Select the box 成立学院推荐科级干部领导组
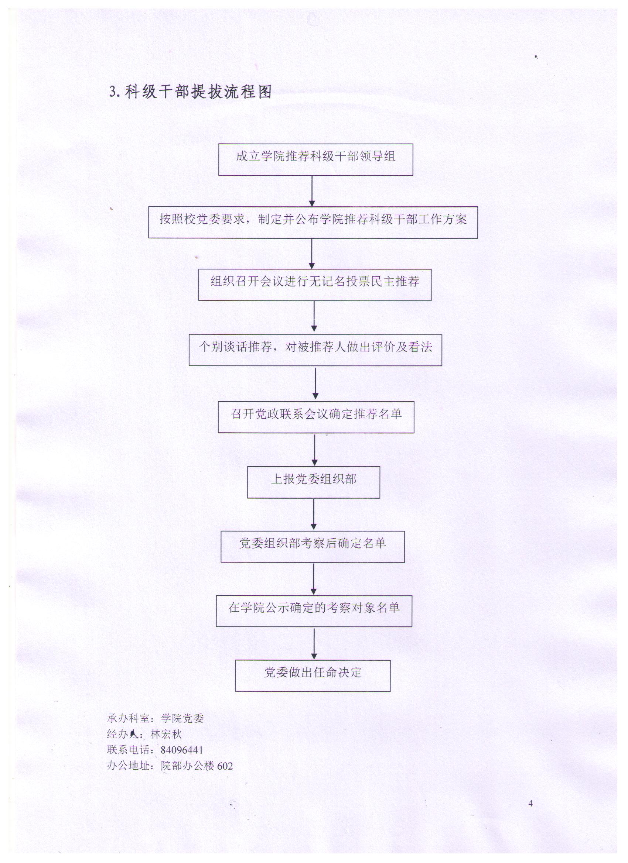click(x=315, y=159)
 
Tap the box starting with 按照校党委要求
click(x=313, y=222)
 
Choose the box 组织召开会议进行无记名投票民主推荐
click(x=315, y=285)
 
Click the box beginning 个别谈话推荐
click(x=315, y=350)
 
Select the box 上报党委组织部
click(x=313, y=482)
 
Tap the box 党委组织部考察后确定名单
click(x=313, y=546)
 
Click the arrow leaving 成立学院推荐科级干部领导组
click(x=312, y=191)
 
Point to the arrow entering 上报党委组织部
click(x=315, y=450)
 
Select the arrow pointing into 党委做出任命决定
click(x=314, y=643)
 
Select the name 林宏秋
click(x=167, y=734)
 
